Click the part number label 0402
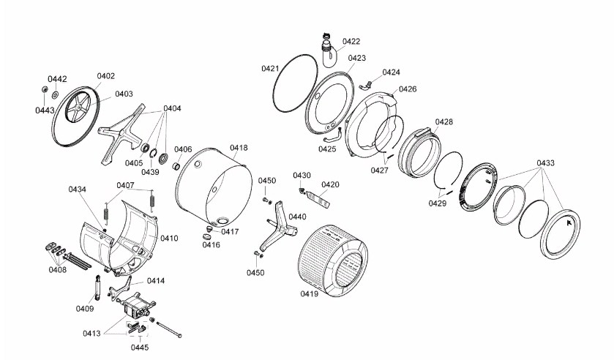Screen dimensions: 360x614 pyautogui.click(x=106, y=76)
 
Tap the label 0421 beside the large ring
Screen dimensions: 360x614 pyautogui.click(x=270, y=68)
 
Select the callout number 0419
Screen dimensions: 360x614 pyautogui.click(x=310, y=294)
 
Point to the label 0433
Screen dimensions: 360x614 pyautogui.click(x=545, y=162)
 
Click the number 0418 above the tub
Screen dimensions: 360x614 pyautogui.click(x=239, y=148)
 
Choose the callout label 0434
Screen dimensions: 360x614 pyautogui.click(x=78, y=190)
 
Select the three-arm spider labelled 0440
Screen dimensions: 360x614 pyautogui.click(x=277, y=225)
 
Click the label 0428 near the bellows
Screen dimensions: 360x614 pyautogui.click(x=443, y=121)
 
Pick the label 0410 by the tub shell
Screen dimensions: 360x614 pyautogui.click(x=170, y=239)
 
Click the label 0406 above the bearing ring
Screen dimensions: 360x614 pyautogui.click(x=183, y=149)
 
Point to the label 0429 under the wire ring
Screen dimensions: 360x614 pyautogui.click(x=438, y=203)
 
